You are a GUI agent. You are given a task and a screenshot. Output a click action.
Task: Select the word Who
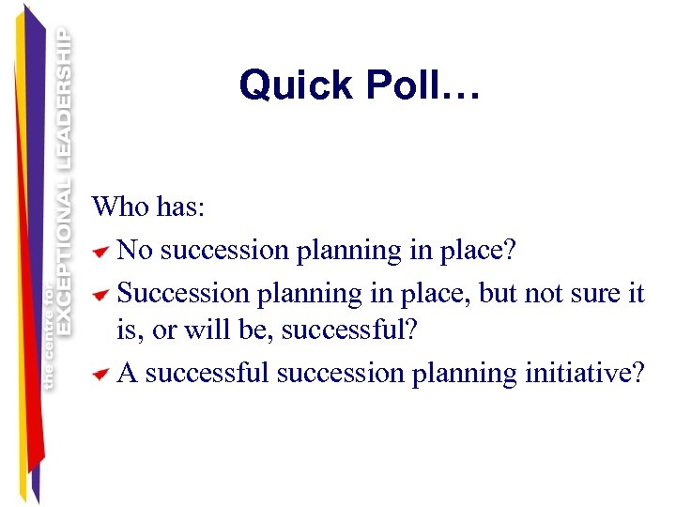[120, 207]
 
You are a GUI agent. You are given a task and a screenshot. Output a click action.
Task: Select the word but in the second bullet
[499, 293]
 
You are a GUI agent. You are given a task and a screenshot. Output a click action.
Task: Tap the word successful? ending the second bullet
[361, 332]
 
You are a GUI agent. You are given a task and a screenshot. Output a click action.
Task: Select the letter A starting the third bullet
[128, 374]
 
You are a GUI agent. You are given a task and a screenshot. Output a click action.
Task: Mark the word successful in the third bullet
[207, 374]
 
